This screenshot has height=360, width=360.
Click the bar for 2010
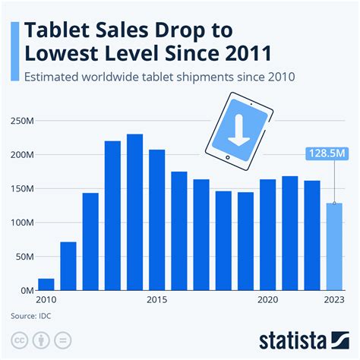pos(46,284)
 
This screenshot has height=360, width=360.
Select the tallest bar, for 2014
pos(134,213)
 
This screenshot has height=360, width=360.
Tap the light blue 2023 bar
pos(334,247)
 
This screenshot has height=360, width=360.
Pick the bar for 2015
pos(157,220)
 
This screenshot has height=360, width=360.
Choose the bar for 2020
pos(267,235)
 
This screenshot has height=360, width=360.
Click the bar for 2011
pos(68,266)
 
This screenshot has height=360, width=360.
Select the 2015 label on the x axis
pos(157,299)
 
